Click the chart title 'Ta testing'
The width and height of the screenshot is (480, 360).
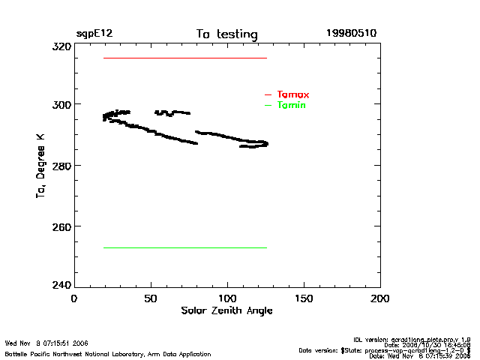pos(226,34)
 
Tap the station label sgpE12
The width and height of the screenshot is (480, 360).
pos(94,34)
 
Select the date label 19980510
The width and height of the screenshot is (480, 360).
pos(351,34)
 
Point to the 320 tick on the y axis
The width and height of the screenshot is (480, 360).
pos(61,46)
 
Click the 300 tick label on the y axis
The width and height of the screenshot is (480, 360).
pos(61,104)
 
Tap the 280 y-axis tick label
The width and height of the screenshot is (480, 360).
pos(61,165)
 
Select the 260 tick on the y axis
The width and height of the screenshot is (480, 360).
pos(61,226)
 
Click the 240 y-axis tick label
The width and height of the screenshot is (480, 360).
pos(61,286)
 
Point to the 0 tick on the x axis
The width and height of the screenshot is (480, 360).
pos(74,298)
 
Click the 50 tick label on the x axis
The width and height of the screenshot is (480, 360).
pos(151,298)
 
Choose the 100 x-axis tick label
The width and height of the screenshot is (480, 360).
pos(227,298)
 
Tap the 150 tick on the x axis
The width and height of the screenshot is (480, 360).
pos(304,298)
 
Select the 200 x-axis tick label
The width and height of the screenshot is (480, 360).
pos(380,298)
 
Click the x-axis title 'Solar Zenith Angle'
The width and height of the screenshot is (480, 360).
pos(226,310)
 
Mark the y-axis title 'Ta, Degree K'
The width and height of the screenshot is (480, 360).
pos(40,166)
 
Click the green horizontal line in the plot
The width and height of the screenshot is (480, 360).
pos(184,247)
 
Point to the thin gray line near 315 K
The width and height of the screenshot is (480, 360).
pos(184,58)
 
